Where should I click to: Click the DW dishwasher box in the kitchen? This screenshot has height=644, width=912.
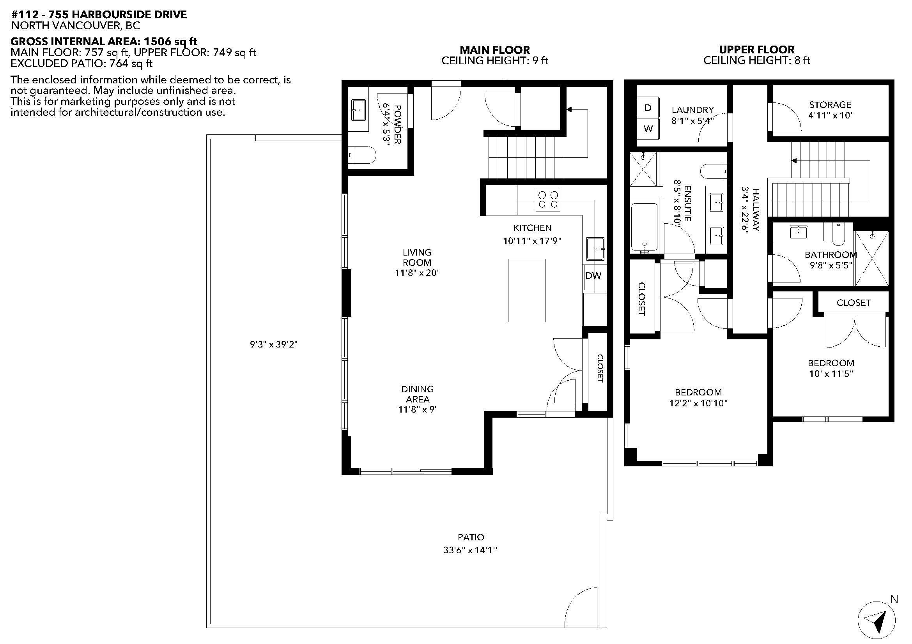coord(593,276)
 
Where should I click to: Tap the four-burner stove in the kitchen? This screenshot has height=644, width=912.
coord(548,200)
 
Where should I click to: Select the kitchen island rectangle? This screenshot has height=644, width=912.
coord(527,290)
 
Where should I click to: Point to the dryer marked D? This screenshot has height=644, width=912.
coord(648,108)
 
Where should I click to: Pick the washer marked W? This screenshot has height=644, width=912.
coord(648,129)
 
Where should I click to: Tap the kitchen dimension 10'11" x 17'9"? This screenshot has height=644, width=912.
coord(532,240)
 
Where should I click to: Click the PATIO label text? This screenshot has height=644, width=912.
coord(471,537)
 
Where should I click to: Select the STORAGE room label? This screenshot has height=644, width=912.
coord(830,105)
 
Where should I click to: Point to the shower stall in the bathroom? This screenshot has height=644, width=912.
coord(871,258)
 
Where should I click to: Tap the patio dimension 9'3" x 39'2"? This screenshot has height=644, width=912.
coord(274,344)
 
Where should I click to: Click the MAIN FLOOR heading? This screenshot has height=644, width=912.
coord(494,50)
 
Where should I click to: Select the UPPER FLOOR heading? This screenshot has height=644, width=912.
coord(757,49)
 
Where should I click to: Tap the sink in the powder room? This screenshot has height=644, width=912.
coord(359,109)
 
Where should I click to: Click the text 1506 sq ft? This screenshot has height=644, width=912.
coord(170,41)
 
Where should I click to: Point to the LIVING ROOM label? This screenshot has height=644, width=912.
coord(417,257)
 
